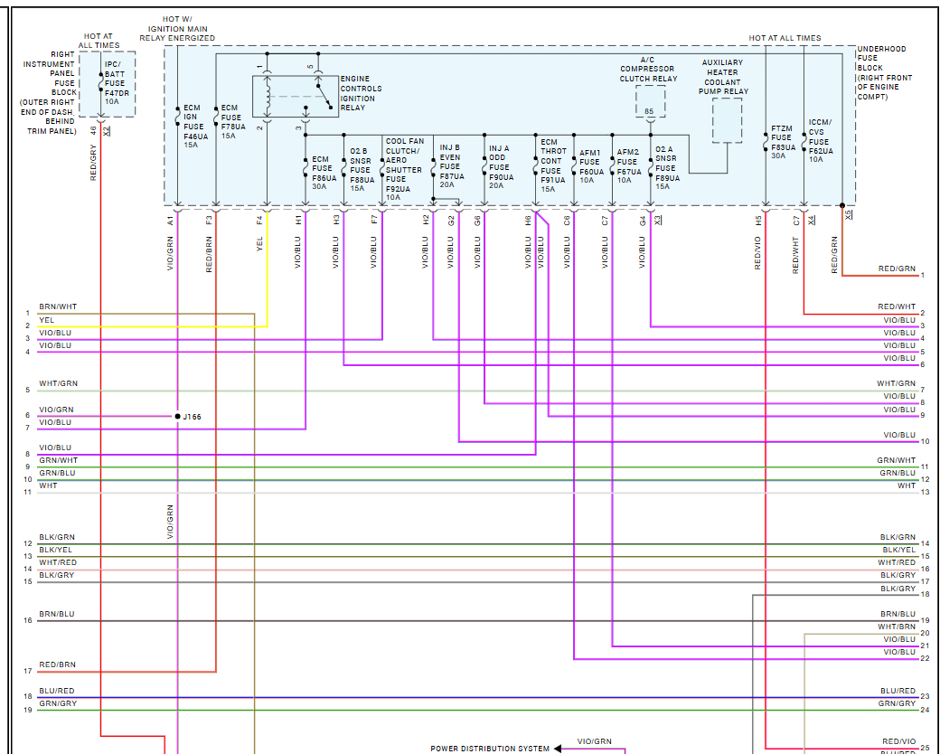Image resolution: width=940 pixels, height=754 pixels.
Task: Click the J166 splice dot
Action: (x=178, y=416)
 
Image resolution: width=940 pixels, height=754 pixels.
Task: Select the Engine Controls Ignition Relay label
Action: (x=361, y=93)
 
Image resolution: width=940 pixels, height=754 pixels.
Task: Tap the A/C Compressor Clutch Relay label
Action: (x=647, y=69)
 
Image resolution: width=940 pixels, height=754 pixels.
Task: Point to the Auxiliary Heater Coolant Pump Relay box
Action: (x=728, y=120)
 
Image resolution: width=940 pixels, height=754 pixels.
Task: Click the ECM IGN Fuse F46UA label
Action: (x=192, y=126)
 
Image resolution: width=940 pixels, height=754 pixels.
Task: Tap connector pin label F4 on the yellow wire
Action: (x=259, y=219)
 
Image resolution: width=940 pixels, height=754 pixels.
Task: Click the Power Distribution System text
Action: (x=489, y=749)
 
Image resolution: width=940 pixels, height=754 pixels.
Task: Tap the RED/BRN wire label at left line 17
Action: (x=57, y=665)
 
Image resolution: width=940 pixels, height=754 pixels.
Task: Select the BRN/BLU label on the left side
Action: (x=57, y=614)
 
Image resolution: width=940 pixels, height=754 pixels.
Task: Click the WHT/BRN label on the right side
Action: (x=897, y=627)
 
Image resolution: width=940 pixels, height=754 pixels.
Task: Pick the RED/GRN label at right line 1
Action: (x=897, y=269)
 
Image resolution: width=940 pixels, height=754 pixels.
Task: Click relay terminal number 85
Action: (x=648, y=111)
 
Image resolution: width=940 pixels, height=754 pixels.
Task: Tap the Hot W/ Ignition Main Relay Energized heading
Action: (x=177, y=29)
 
